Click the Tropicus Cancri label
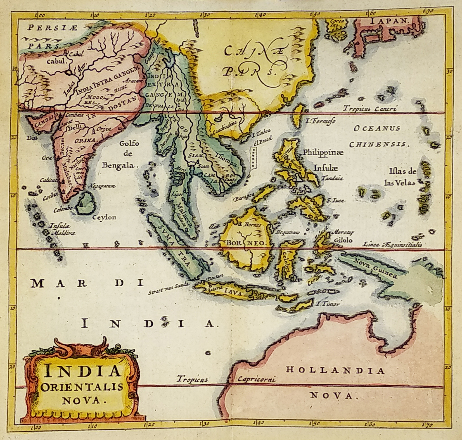tap(370, 109)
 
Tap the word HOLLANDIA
tap(335, 370)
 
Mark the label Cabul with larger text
tap(56, 61)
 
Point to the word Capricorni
tap(257, 379)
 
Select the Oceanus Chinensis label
tap(378, 136)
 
